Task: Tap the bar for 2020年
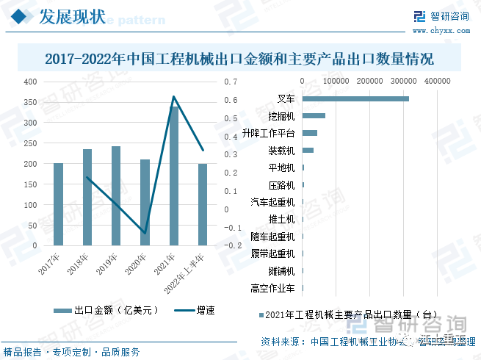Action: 145,202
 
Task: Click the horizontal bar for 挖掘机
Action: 314,116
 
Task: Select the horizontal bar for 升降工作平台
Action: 309,133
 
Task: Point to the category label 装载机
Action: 281,151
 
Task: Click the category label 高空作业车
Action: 272,288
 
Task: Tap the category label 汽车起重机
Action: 272,202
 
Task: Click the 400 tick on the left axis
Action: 29,82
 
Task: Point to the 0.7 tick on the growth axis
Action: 231,82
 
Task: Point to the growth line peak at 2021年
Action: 174,96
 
